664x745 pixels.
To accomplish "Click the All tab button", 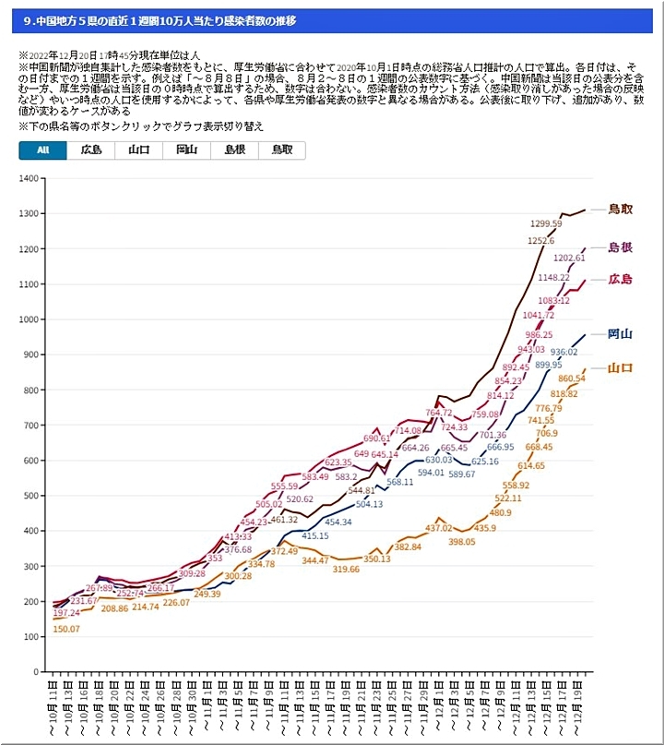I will (42, 150).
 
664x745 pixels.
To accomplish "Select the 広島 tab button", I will (91, 150).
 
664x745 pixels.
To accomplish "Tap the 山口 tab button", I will (139, 150).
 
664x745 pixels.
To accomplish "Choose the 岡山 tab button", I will (187, 150).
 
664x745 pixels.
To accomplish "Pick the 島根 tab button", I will (235, 150).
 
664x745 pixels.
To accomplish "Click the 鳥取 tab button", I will (282, 150).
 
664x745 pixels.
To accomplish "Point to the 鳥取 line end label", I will (621, 210).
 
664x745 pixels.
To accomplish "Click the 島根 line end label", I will (621, 247).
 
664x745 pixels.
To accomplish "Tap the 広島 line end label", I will (621, 280).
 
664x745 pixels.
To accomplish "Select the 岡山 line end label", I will (621, 334).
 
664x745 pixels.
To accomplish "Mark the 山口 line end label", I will (621, 368).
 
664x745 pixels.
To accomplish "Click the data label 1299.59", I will (547, 223).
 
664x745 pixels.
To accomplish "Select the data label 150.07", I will (65, 629).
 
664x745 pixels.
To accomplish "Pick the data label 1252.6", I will (540, 241).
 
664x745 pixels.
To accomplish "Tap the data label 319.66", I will (347, 570).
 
